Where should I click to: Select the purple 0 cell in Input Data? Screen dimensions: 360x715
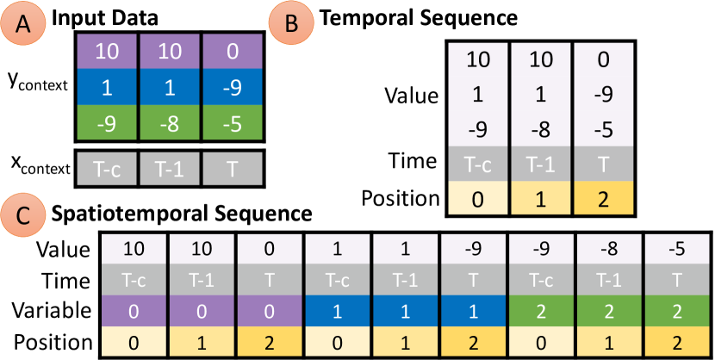click(x=231, y=52)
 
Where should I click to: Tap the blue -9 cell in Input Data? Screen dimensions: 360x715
click(x=231, y=87)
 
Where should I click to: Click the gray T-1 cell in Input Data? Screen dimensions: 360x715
click(x=168, y=168)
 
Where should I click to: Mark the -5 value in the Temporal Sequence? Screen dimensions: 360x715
click(x=606, y=130)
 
